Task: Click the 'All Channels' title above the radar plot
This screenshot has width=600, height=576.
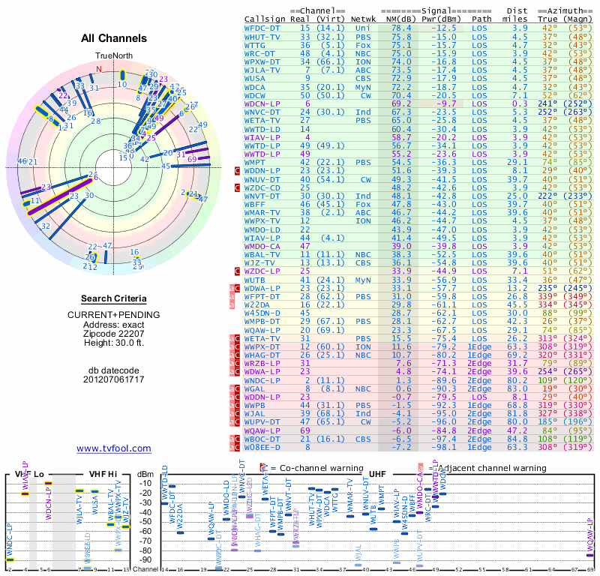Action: [114, 38]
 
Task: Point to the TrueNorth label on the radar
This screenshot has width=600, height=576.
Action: [113, 56]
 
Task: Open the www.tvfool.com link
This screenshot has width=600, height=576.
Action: [114, 448]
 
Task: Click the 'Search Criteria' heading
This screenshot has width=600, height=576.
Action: [114, 298]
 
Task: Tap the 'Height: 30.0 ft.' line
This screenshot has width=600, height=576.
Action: [114, 343]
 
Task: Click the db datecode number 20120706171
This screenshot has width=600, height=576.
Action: [114, 379]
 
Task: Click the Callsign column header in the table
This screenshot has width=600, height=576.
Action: [265, 18]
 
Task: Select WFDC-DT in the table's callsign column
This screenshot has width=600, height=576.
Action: [262, 27]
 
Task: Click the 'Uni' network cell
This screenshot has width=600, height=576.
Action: [363, 27]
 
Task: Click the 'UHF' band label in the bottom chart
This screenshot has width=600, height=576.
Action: [378, 474]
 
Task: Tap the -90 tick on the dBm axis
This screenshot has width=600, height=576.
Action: [147, 559]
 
